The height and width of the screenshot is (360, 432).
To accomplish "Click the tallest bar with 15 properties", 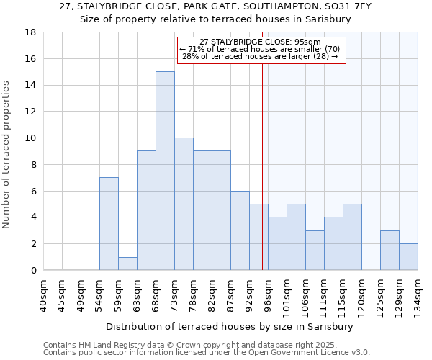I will (165, 171).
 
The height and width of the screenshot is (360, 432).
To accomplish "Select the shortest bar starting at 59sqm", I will (127, 264).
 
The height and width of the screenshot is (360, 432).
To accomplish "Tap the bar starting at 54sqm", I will (109, 223).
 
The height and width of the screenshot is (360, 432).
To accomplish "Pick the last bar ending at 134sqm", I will (408, 257).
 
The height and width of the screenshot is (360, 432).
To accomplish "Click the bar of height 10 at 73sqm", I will (184, 204).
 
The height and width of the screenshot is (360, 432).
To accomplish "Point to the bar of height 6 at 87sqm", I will (240, 230).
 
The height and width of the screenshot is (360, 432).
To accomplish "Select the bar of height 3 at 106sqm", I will (315, 250).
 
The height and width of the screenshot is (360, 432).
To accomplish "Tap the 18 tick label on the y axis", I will (30, 32).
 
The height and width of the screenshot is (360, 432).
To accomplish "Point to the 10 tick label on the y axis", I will (30, 138).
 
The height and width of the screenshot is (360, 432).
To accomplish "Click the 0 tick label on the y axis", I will (33, 270).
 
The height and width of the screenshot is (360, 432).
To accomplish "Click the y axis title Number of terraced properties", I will (7, 155).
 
